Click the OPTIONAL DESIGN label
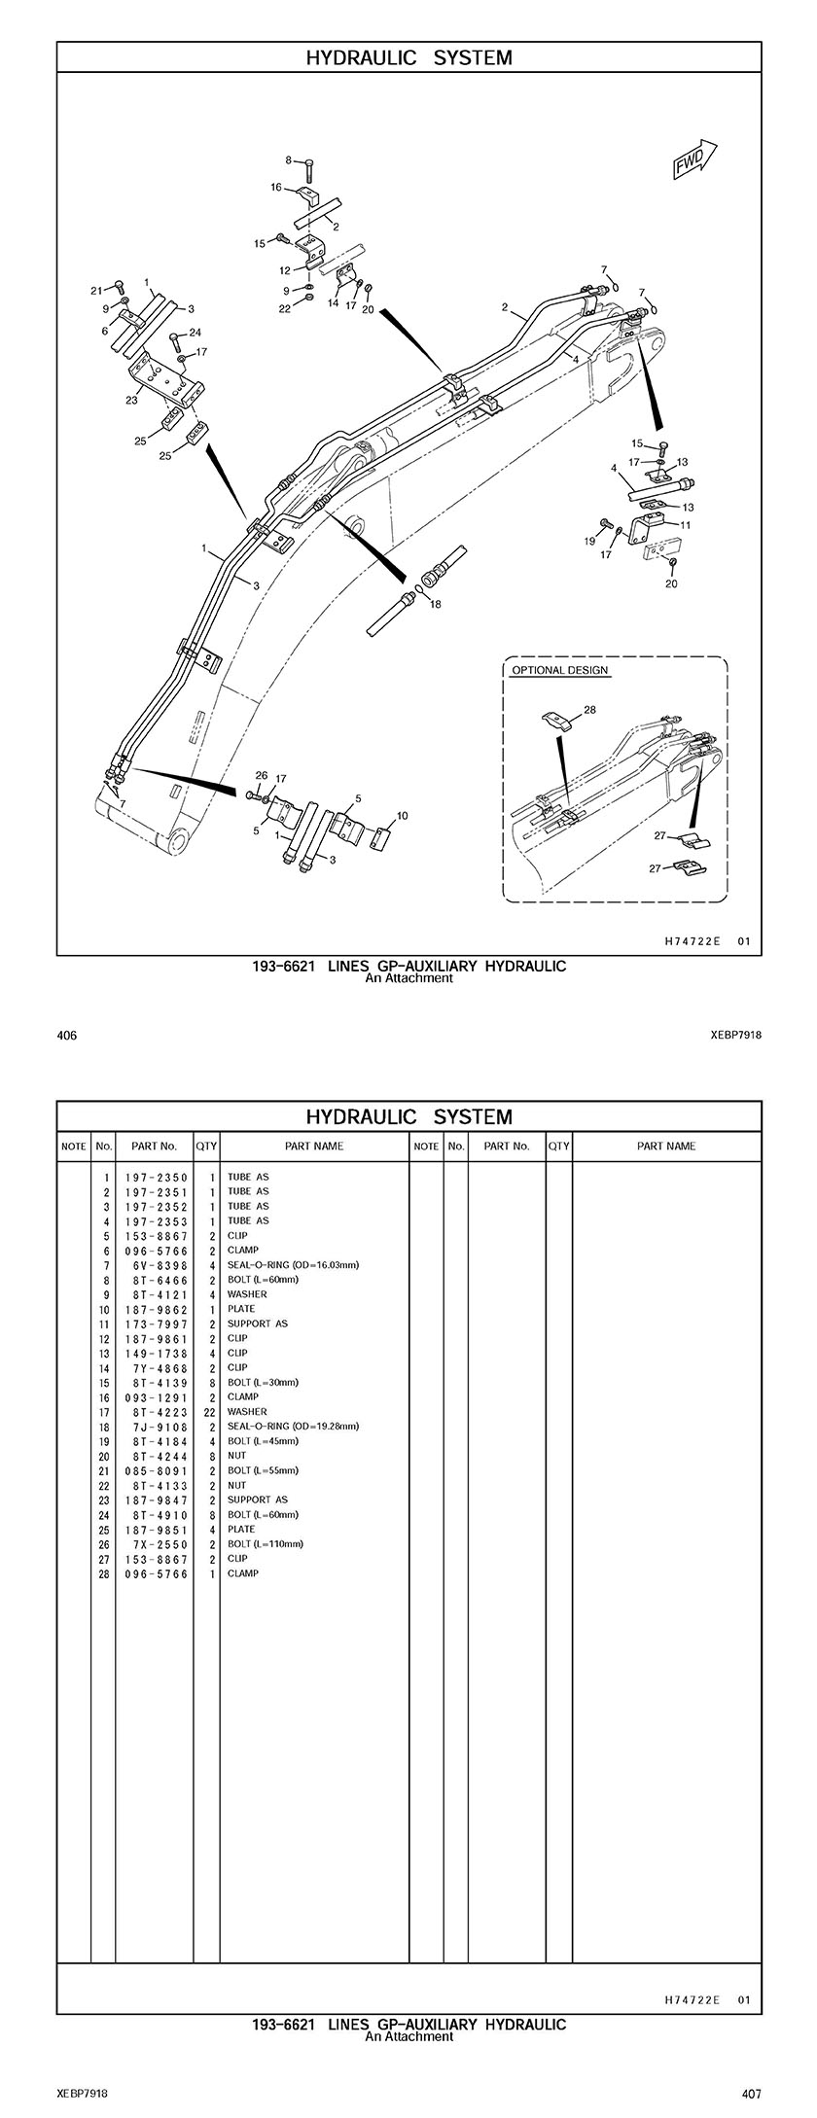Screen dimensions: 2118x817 click(x=560, y=670)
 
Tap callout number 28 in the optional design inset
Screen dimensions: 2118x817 click(x=589, y=710)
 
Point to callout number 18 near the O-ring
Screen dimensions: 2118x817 click(x=435, y=604)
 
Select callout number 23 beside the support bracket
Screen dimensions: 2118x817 click(x=131, y=399)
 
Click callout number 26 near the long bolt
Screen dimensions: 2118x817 click(x=261, y=775)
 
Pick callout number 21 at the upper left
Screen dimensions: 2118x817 click(x=96, y=291)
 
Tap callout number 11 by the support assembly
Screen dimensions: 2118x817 click(x=686, y=525)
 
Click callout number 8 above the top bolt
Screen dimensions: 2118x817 click(x=288, y=160)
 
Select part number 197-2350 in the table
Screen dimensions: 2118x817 click(x=156, y=1178)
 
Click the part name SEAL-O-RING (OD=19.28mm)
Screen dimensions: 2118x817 click(x=293, y=1427)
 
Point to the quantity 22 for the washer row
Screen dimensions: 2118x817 click(x=209, y=1412)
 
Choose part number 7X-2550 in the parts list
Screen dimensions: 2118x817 click(x=156, y=1544)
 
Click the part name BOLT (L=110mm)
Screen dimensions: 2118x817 click(x=265, y=1544)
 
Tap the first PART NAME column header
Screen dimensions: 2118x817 click(x=313, y=1147)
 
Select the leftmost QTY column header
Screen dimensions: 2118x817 click(x=206, y=1147)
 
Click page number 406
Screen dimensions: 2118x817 click(x=67, y=1036)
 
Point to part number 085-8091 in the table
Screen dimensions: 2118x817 click(x=156, y=1470)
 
